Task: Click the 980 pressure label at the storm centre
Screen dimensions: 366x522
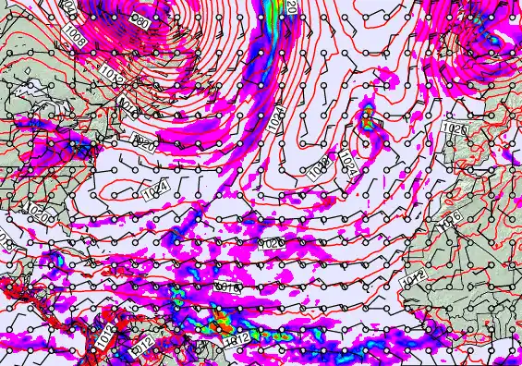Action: click(138, 18)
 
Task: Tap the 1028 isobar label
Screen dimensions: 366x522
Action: click(320, 170)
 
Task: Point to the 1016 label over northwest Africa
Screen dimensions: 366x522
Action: click(453, 221)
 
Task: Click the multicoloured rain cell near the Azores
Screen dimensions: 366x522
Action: click(368, 117)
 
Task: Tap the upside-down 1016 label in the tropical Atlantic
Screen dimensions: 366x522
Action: click(228, 289)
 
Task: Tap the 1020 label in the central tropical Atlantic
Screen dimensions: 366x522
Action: click(273, 242)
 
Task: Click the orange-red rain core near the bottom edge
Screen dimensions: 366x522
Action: click(221, 323)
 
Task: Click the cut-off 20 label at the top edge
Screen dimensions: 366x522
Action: click(291, 6)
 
